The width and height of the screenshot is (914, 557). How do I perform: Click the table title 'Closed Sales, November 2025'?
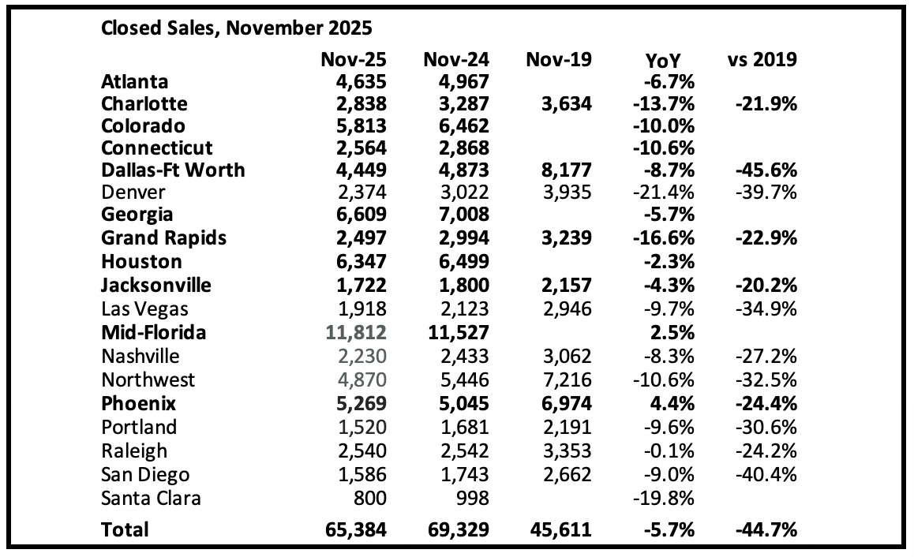point(237,28)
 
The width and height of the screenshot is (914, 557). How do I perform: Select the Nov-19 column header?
point(558,60)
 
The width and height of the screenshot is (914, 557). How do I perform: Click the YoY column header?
point(664,61)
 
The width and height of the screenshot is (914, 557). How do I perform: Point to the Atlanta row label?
point(135,81)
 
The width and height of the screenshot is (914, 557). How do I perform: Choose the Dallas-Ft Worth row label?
point(173,170)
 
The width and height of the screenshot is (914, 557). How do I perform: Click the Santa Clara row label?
point(152,498)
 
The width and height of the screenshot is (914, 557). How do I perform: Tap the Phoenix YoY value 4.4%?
point(671,403)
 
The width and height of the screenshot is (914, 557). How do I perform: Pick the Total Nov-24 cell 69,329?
point(456,530)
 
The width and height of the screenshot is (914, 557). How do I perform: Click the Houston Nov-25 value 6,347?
point(354,261)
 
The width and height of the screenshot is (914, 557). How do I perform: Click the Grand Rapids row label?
point(164,237)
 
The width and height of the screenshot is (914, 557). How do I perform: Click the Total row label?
point(125,530)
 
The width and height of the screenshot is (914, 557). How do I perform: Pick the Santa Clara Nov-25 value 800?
point(369,498)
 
